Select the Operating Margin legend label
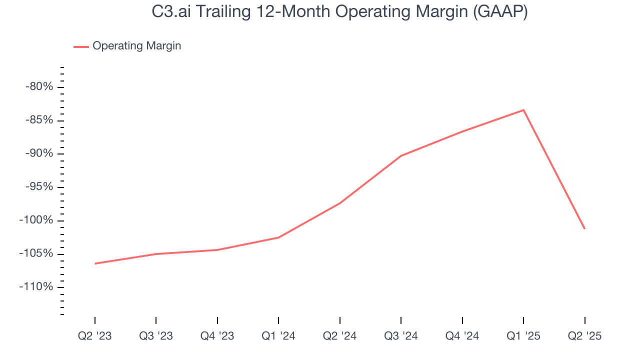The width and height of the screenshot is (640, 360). (136, 46)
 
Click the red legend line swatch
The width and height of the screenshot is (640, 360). (81, 46)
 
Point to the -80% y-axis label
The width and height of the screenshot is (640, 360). (39, 87)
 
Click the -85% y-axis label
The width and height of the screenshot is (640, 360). (39, 120)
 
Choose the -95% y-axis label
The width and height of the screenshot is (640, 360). (39, 187)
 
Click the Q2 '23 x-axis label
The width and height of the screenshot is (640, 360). (95, 336)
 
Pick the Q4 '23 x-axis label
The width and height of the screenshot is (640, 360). (217, 336)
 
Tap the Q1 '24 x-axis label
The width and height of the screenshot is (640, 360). (278, 336)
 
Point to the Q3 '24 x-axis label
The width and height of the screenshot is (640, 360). (401, 336)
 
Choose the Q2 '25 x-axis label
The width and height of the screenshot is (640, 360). (584, 336)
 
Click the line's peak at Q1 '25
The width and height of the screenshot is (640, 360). (523, 110)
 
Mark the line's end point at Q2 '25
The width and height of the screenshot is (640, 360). (584, 228)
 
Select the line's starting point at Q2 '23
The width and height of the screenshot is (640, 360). (95, 263)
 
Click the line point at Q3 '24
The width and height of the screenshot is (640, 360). (401, 156)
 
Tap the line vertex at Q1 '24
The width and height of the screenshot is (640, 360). (278, 237)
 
